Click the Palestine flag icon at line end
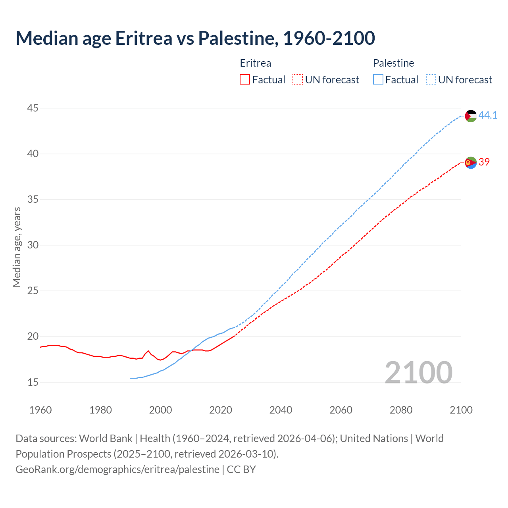(471, 116)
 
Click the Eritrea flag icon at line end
(471, 162)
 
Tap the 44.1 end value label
(488, 115)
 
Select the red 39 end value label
(484, 162)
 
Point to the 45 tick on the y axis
(33, 108)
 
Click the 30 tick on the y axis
(33, 245)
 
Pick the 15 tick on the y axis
(33, 382)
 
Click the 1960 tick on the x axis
(40, 410)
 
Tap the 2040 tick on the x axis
(281, 410)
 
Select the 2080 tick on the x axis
(401, 410)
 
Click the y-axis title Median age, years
(17, 247)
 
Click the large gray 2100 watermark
(418, 372)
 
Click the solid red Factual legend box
(245, 79)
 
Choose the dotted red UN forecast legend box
(298, 79)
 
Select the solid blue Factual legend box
(378, 79)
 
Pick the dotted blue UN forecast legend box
(431, 79)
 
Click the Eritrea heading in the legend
(256, 63)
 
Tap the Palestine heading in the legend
(393, 63)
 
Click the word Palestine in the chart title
(237, 38)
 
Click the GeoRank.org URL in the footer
(117, 469)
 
